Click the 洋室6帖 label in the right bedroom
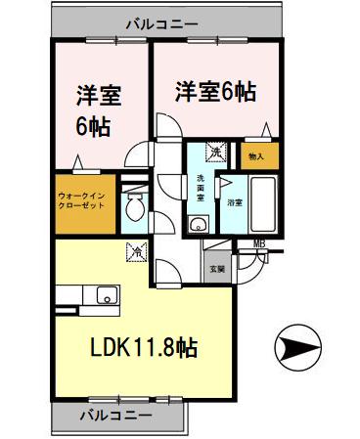216,91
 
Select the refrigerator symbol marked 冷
135,252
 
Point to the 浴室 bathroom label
235,203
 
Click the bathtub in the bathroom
264,204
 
